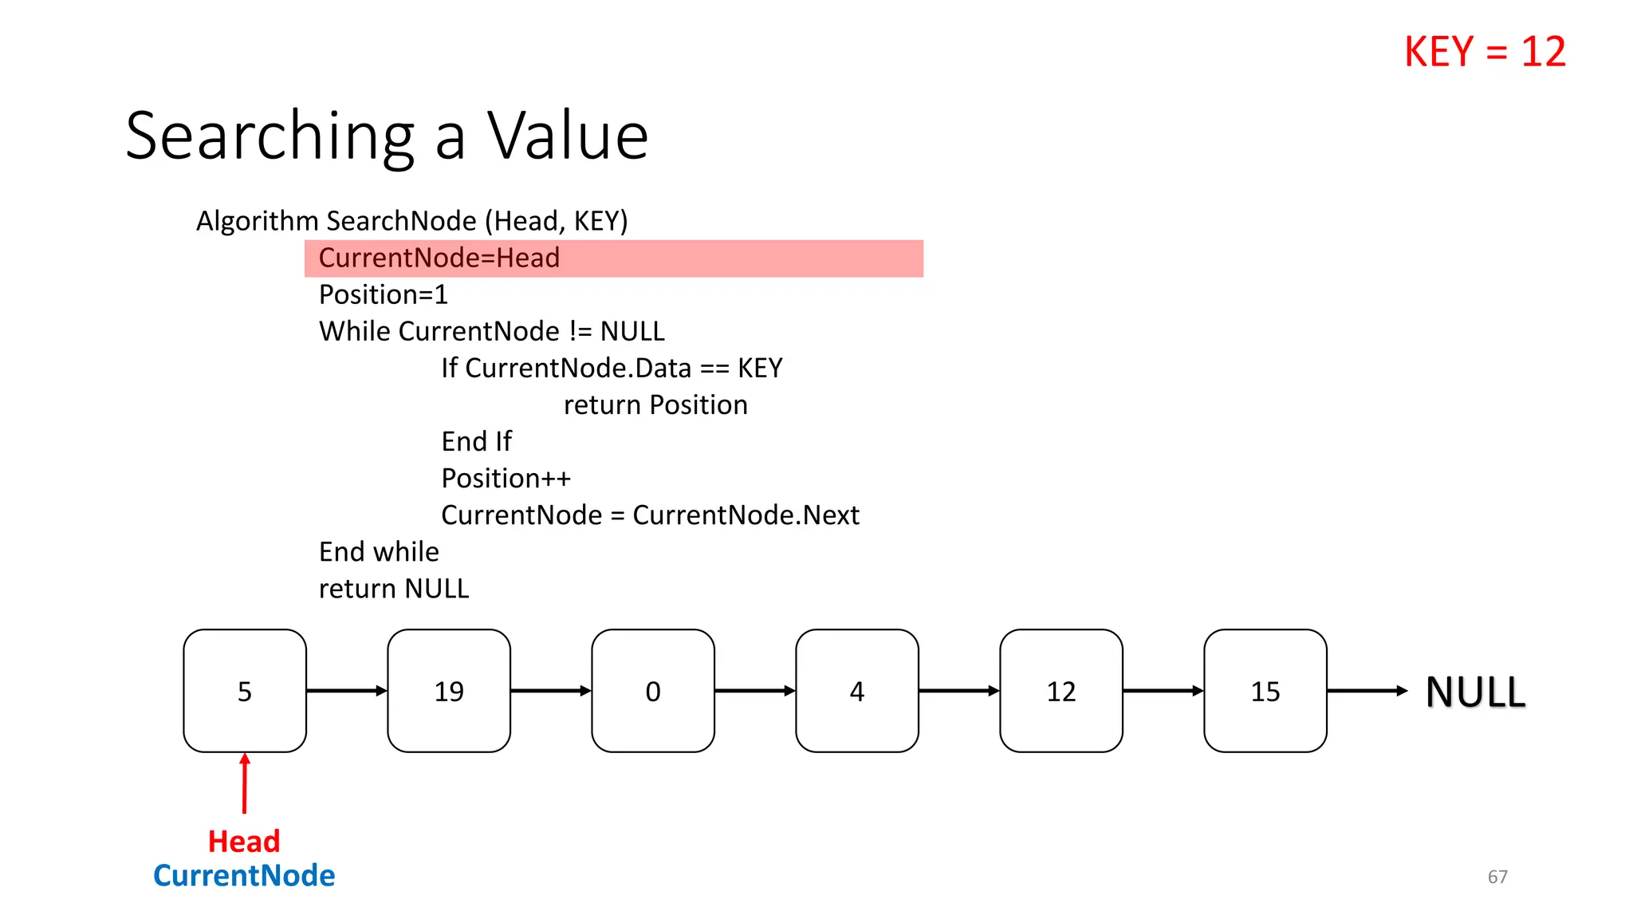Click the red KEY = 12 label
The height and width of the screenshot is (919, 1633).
(x=1485, y=53)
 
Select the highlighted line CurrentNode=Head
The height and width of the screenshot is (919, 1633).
(x=439, y=258)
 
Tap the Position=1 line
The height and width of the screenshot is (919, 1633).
(x=384, y=295)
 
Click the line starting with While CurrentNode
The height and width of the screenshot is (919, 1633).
(x=491, y=332)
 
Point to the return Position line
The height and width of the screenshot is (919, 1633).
(x=655, y=405)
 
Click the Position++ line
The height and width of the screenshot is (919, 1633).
(x=506, y=479)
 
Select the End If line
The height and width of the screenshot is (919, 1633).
(x=477, y=442)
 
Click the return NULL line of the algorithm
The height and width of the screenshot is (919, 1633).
(x=394, y=589)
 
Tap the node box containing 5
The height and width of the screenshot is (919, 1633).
(x=245, y=691)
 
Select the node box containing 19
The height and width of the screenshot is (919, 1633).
(x=449, y=691)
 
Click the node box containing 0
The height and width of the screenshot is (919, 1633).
(x=653, y=691)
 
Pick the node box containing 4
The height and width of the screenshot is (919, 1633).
(x=857, y=691)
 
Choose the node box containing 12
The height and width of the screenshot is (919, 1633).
(x=1061, y=691)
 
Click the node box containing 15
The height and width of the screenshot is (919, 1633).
(x=1265, y=691)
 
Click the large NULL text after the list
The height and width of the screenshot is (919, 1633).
(x=1475, y=692)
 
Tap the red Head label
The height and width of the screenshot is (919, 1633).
(x=244, y=842)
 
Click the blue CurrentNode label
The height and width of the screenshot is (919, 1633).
(x=244, y=876)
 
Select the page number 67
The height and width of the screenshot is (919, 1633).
(x=1497, y=877)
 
